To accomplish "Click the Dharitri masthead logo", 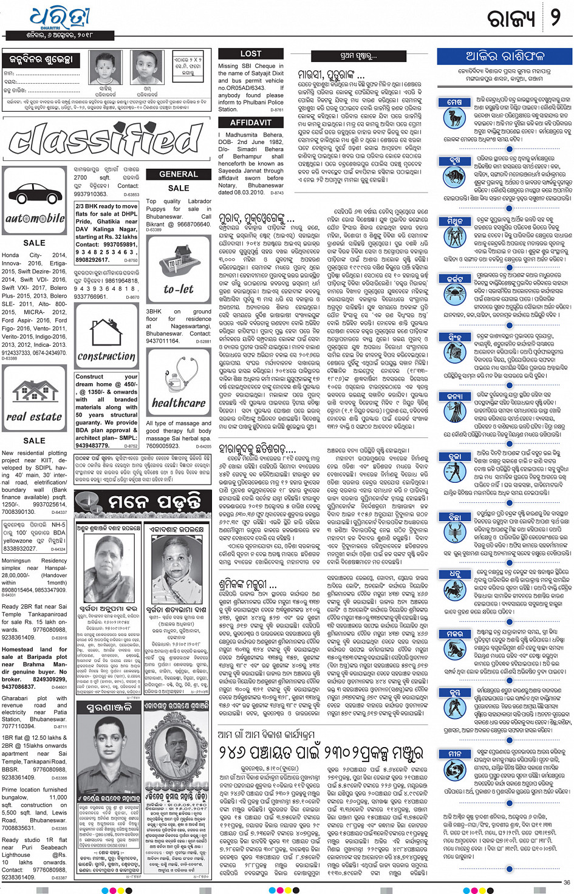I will click(60, 19).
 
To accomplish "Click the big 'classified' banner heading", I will click(106, 138).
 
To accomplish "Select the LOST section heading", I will click(250, 54).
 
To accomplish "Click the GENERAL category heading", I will click(178, 174).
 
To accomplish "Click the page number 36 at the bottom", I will click(565, 882).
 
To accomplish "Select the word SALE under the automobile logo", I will click(34, 243).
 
